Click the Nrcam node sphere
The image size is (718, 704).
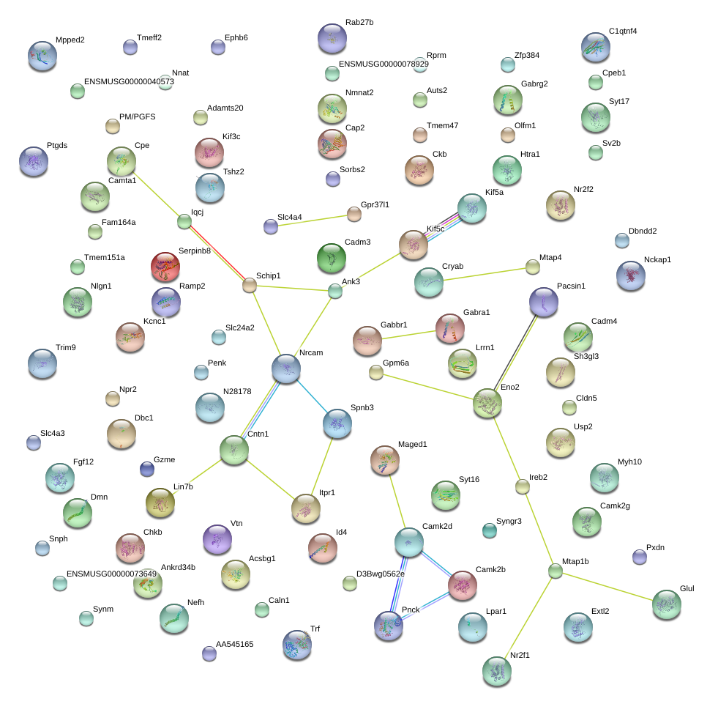tap(286, 368)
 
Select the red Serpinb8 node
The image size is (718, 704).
tap(165, 267)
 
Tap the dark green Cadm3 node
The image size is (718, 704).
tap(332, 258)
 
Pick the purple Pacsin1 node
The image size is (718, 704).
tap(544, 301)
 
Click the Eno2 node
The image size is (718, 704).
tap(487, 403)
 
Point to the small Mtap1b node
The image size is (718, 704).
tap(556, 571)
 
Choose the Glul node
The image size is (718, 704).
tap(666, 604)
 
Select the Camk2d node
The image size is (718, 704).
tap(409, 542)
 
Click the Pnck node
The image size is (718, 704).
tap(389, 625)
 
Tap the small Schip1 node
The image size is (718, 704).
tap(250, 285)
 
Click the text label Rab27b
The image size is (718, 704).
tap(359, 23)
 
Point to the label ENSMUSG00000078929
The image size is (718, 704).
tap(384, 64)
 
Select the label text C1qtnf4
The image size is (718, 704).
tap(623, 32)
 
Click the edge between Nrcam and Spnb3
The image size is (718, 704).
tap(312, 396)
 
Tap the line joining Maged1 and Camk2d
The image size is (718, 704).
tap(397, 502)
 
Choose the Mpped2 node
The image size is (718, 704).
tap(42, 56)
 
